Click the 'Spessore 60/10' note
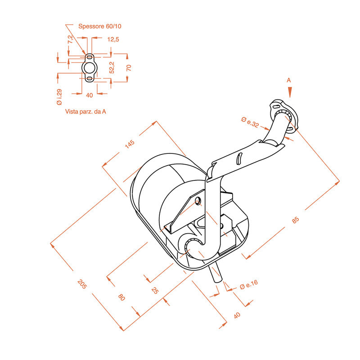(99, 26)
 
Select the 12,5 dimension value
(113, 40)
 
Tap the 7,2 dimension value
(71, 39)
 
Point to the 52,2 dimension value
(112, 67)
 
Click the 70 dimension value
(129, 68)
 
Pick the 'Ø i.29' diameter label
(59, 97)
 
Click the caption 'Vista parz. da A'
(85, 112)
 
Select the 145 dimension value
(130, 144)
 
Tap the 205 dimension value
(82, 284)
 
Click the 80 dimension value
(121, 297)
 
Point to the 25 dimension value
(155, 291)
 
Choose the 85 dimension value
(296, 220)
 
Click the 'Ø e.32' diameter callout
(250, 122)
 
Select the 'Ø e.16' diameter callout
(249, 284)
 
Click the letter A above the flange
(289, 80)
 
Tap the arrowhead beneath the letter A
(290, 92)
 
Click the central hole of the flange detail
(89, 68)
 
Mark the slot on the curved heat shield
(239, 158)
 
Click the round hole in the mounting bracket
(198, 202)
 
